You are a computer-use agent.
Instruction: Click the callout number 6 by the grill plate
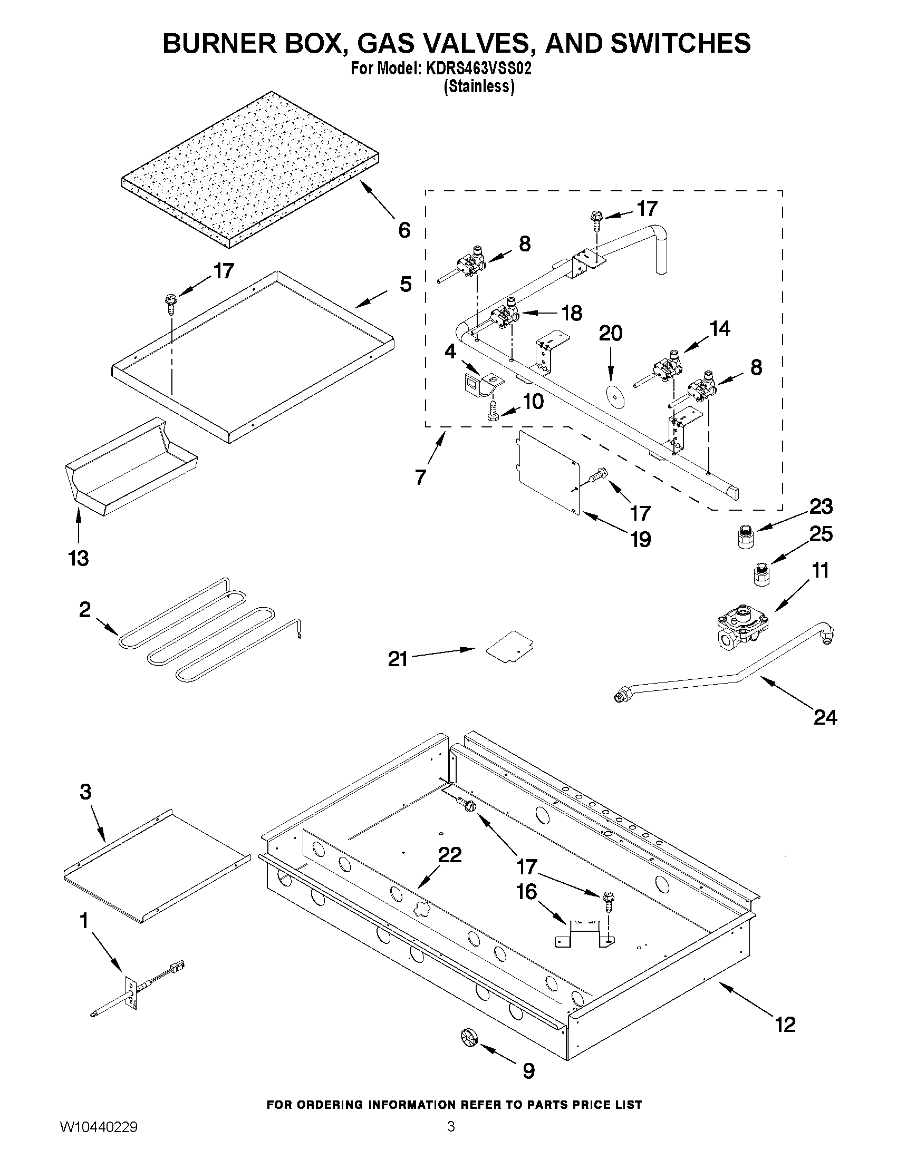[404, 230]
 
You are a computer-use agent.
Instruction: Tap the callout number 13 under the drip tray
[79, 558]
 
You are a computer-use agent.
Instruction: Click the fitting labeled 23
[746, 538]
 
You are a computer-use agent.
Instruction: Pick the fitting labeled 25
[761, 575]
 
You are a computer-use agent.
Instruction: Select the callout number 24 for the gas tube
[825, 718]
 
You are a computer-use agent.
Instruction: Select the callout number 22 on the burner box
[450, 855]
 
